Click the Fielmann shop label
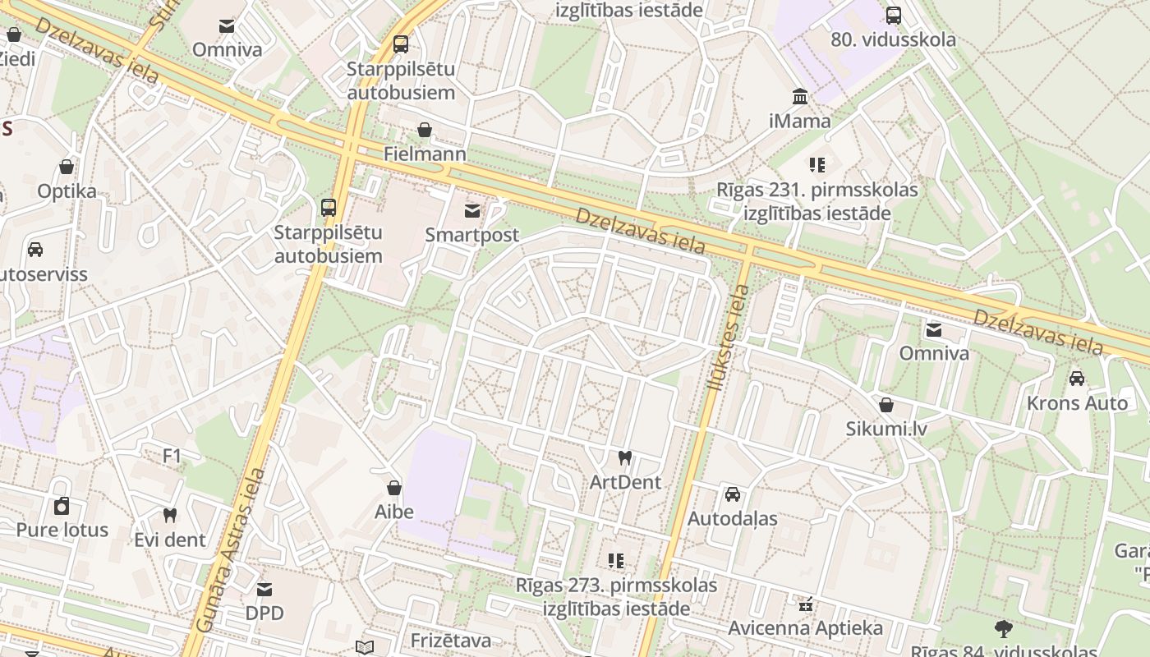click(x=425, y=154)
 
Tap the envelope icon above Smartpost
click(x=472, y=211)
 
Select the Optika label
click(x=67, y=191)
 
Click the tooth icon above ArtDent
click(x=625, y=457)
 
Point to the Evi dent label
click(x=170, y=540)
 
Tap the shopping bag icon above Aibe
click(x=394, y=488)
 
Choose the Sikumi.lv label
click(x=886, y=429)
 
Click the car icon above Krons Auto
click(x=1077, y=379)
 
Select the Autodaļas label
click(x=732, y=519)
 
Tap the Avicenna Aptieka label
click(x=806, y=628)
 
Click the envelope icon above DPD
click(x=264, y=589)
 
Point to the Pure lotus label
click(x=62, y=530)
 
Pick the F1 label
click(x=172, y=456)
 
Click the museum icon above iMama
click(x=800, y=96)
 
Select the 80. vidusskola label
click(x=893, y=39)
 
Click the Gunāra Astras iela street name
click(x=233, y=550)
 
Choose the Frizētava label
click(x=451, y=641)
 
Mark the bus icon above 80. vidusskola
click(x=894, y=15)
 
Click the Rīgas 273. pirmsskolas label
click(x=616, y=586)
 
